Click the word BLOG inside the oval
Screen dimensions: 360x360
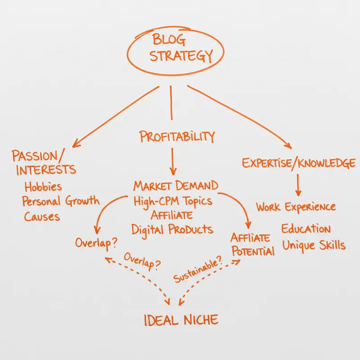pyautogui.click(x=169, y=40)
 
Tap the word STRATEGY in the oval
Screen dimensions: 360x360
pyautogui.click(x=181, y=55)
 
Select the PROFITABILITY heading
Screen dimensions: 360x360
pyautogui.click(x=177, y=136)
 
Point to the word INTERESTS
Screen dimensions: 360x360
pyautogui.click(x=46, y=170)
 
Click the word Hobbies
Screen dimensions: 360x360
pyautogui.click(x=43, y=186)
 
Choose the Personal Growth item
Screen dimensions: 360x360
pyautogui.click(x=61, y=201)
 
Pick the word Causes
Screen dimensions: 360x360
pyautogui.click(x=42, y=216)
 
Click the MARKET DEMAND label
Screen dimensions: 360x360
pyautogui.click(x=175, y=185)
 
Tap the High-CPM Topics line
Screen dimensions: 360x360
pyautogui.click(x=173, y=201)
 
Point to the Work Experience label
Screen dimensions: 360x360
pyautogui.click(x=296, y=207)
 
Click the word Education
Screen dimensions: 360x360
pyautogui.click(x=306, y=229)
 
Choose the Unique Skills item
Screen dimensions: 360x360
pyautogui.click(x=314, y=245)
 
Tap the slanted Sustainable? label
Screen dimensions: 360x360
pyautogui.click(x=198, y=269)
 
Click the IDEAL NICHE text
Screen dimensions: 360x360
pyautogui.click(x=181, y=320)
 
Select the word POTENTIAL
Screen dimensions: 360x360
pyautogui.click(x=253, y=251)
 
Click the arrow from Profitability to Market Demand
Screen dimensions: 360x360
pyautogui.click(x=173, y=162)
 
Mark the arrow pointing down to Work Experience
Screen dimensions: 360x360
pyautogui.click(x=298, y=185)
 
